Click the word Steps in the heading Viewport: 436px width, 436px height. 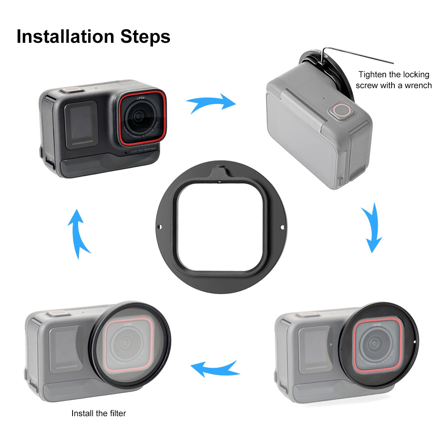[x=145, y=36]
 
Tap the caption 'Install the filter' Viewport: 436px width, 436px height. [x=99, y=413]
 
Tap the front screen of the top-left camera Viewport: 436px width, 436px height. [x=80, y=124]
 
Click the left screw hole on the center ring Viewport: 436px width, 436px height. [x=161, y=227]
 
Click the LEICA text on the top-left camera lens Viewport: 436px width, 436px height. [x=141, y=101]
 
